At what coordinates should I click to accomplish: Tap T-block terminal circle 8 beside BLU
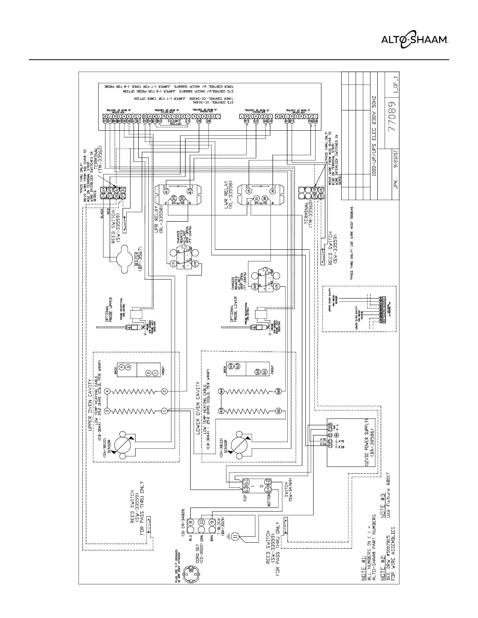pyautogui.click(x=191, y=523)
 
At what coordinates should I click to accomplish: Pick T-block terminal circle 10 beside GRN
pyautogui.click(x=201, y=523)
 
